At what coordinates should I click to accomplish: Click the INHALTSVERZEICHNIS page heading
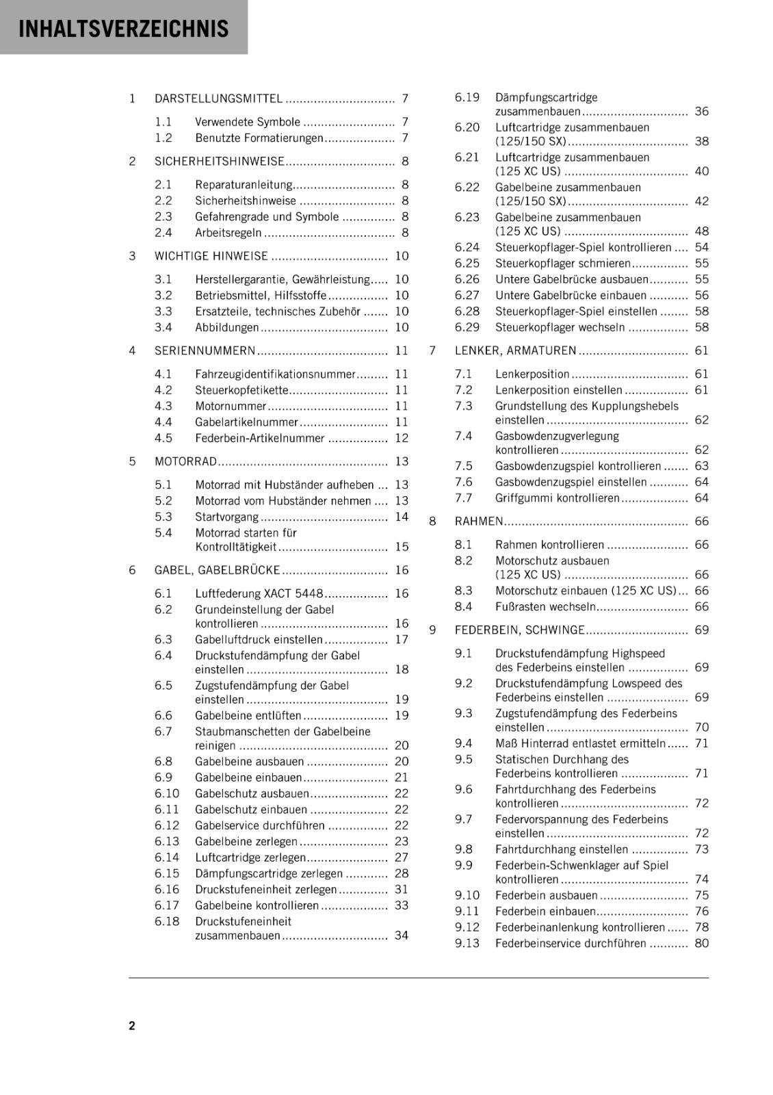(x=124, y=29)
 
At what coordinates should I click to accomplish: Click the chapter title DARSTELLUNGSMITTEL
(x=218, y=99)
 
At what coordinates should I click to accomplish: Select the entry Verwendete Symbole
(x=247, y=122)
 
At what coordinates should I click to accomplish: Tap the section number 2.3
(x=163, y=216)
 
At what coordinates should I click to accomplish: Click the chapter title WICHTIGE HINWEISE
(x=211, y=256)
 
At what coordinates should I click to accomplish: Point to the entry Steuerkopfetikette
(x=241, y=390)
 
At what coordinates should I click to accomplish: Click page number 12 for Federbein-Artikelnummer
(x=402, y=438)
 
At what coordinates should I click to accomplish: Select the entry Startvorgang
(x=226, y=517)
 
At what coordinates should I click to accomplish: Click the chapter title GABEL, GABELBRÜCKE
(x=218, y=570)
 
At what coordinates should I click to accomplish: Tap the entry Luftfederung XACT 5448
(x=259, y=593)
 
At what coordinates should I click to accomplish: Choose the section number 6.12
(x=166, y=825)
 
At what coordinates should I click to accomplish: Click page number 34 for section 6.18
(x=402, y=936)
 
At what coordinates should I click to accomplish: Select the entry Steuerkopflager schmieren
(x=562, y=263)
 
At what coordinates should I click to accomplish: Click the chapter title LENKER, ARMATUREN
(x=515, y=350)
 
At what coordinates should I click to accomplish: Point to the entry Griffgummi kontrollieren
(x=557, y=498)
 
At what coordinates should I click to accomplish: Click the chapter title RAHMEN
(x=479, y=521)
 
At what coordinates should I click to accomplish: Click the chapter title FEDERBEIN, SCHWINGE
(x=519, y=630)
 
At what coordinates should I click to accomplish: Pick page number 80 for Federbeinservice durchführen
(x=701, y=943)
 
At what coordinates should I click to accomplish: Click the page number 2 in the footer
(x=132, y=1025)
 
